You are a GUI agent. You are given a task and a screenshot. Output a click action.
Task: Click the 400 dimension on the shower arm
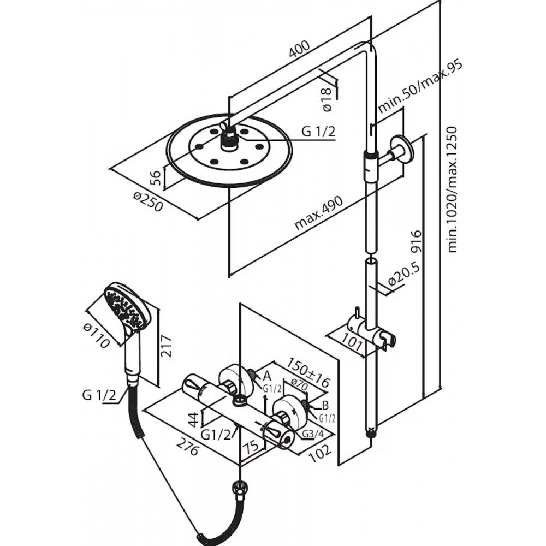pos(299,49)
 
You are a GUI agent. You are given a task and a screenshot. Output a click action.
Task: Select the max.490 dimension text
pos(319,213)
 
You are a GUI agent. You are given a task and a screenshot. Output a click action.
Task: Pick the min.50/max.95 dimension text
pos(419,87)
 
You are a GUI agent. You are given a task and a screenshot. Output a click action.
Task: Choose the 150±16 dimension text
pos(308,372)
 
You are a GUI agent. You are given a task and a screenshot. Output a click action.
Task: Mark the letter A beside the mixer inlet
pos(267,376)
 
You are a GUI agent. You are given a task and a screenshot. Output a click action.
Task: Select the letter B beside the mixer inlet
pos(325,405)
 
